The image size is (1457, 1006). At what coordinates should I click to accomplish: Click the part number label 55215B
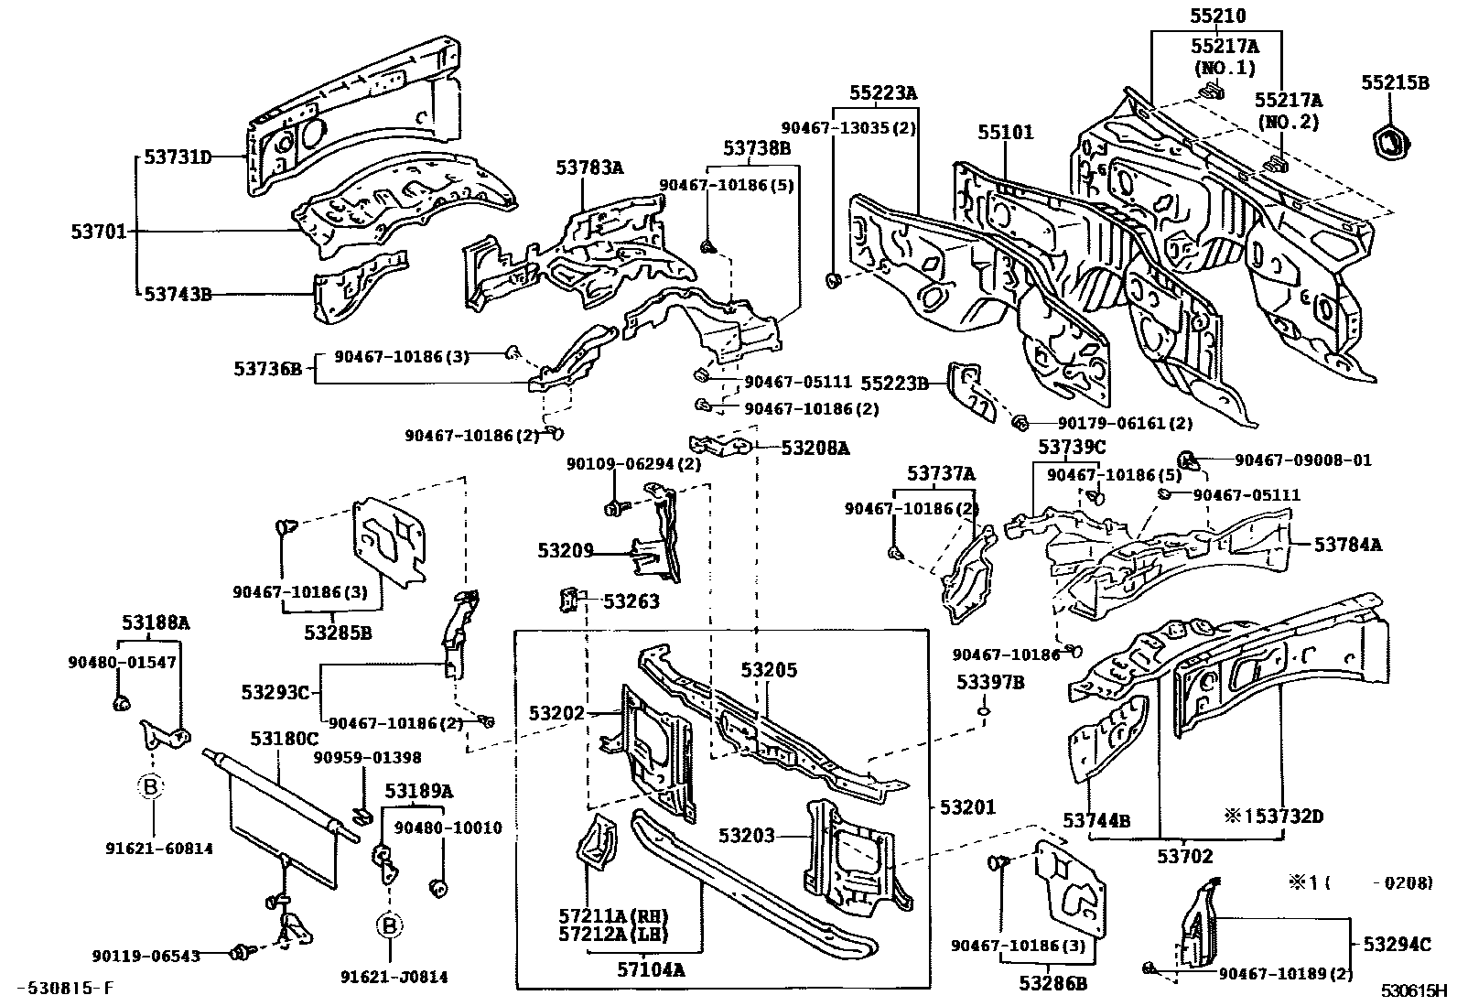pos(1395,82)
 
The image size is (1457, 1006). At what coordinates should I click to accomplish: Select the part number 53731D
pos(178,157)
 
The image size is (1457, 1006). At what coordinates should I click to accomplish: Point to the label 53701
pos(99,231)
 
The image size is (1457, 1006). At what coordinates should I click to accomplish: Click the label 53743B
pos(178,294)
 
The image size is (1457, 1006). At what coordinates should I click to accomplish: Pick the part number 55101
pos(1006,132)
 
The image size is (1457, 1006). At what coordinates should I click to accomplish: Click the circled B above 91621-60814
pos(150,786)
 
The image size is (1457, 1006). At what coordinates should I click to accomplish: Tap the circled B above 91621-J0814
pos(390,925)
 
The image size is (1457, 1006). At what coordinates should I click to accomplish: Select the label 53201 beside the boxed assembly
pos(968,806)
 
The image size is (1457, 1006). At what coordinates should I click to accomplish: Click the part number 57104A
pos(651,969)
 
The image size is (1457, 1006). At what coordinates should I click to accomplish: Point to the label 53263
pos(631,600)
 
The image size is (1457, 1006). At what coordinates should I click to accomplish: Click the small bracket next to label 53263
pos(569,599)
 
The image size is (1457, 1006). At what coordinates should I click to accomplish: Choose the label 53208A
pos(815,448)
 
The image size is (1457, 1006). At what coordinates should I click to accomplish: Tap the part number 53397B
pos(990,682)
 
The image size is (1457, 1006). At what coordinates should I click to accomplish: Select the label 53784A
pos(1348,544)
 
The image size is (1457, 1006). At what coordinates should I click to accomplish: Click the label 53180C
pos(285,739)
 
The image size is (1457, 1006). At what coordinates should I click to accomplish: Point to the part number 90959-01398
pos(368,757)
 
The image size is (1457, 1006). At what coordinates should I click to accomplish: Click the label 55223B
pos(895,384)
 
